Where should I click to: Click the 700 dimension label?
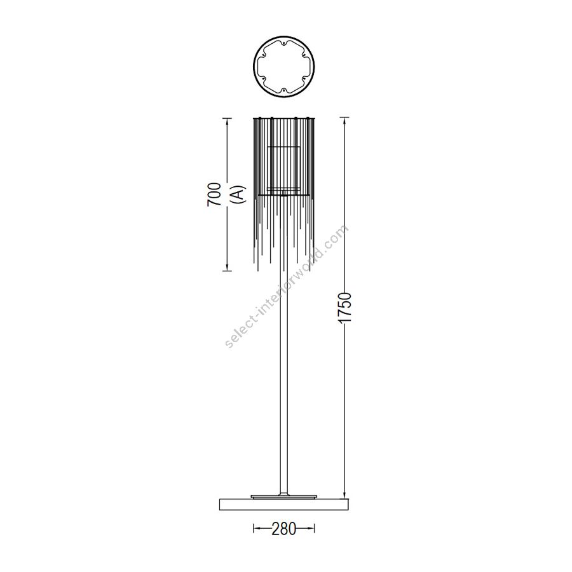[x=215, y=194]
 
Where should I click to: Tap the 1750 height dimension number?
[x=344, y=307]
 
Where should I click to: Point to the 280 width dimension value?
[x=284, y=529]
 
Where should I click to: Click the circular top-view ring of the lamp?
[x=284, y=36]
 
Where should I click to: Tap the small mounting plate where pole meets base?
[x=284, y=496]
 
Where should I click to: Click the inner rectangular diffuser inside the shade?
[x=284, y=167]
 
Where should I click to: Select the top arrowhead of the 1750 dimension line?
[x=344, y=120]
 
